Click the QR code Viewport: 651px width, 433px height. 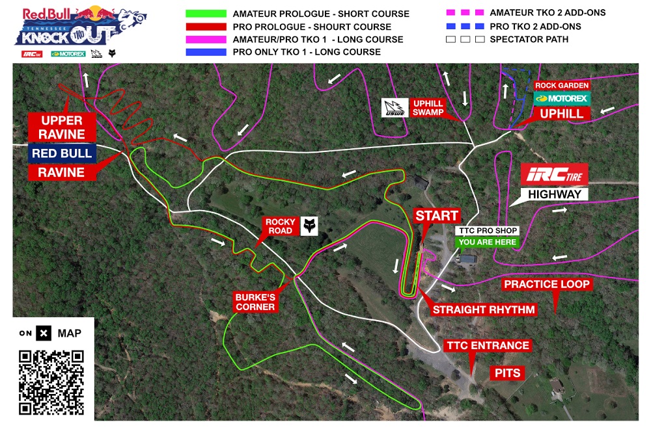point(52,382)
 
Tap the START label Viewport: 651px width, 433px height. point(437,216)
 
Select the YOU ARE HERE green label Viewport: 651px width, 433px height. point(488,242)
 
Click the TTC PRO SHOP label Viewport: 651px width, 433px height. point(488,231)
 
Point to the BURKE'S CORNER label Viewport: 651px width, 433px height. point(255,302)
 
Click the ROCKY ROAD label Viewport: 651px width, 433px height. point(281,226)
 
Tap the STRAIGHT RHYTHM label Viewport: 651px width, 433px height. point(484,309)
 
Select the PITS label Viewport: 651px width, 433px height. point(506,373)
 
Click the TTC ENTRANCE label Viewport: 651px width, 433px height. point(487,345)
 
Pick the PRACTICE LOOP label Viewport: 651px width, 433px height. point(547,284)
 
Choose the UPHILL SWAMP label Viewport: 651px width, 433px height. point(428,108)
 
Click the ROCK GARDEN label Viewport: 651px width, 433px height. point(561,85)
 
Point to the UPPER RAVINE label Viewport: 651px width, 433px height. point(62,127)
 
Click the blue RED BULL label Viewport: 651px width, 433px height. point(62,153)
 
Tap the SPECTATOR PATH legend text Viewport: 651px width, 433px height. point(529,40)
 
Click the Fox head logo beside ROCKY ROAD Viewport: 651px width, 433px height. point(309,226)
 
